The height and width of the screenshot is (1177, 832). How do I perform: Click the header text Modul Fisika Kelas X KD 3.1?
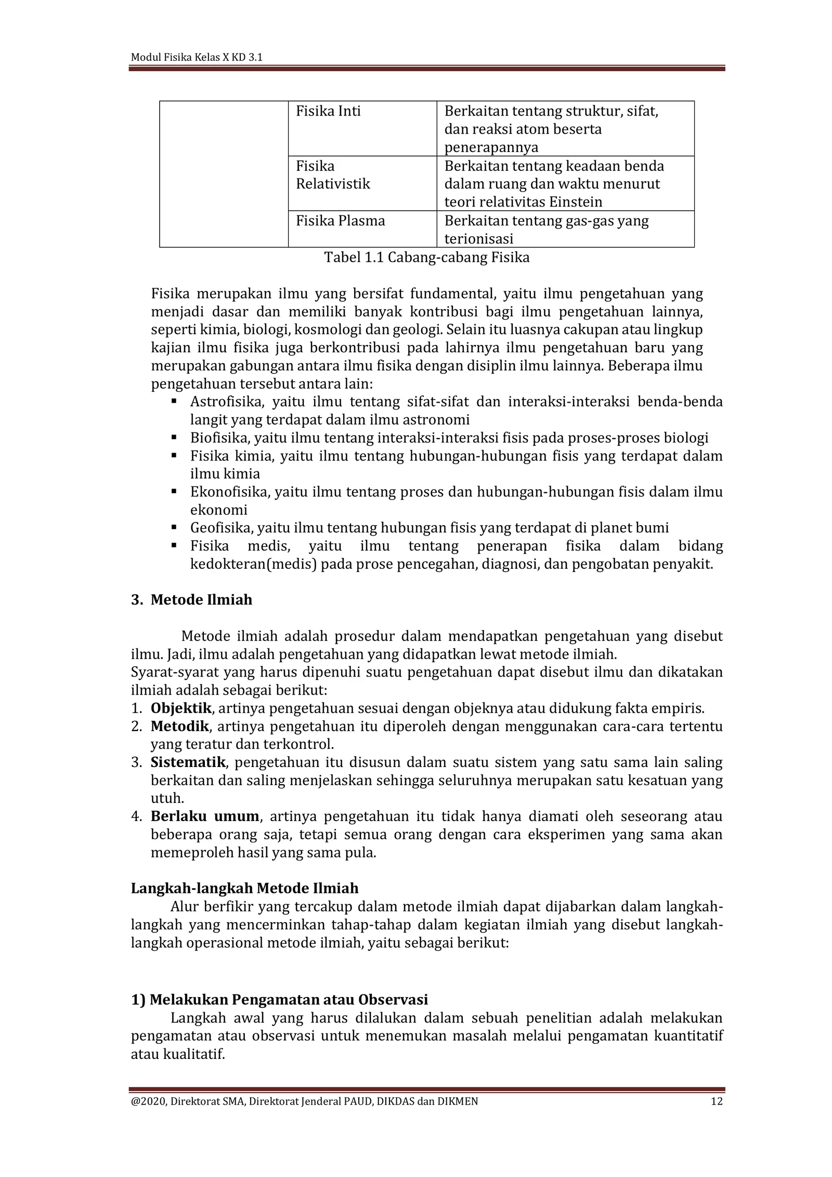click(x=196, y=57)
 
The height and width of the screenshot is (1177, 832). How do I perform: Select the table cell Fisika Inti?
click(x=328, y=111)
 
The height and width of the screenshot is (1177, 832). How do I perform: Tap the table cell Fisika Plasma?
click(x=340, y=221)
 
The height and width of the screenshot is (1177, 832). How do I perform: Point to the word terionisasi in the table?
click(x=478, y=239)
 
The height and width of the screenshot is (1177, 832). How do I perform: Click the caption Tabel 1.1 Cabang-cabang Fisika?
click(x=426, y=258)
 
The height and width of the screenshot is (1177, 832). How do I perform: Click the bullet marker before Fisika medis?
click(x=174, y=545)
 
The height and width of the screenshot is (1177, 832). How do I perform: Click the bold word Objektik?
click(x=181, y=708)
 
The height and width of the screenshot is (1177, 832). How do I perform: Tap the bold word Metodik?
click(x=179, y=726)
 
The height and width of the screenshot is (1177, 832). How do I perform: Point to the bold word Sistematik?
click(x=188, y=762)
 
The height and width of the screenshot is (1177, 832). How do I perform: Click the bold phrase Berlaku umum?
click(x=204, y=816)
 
